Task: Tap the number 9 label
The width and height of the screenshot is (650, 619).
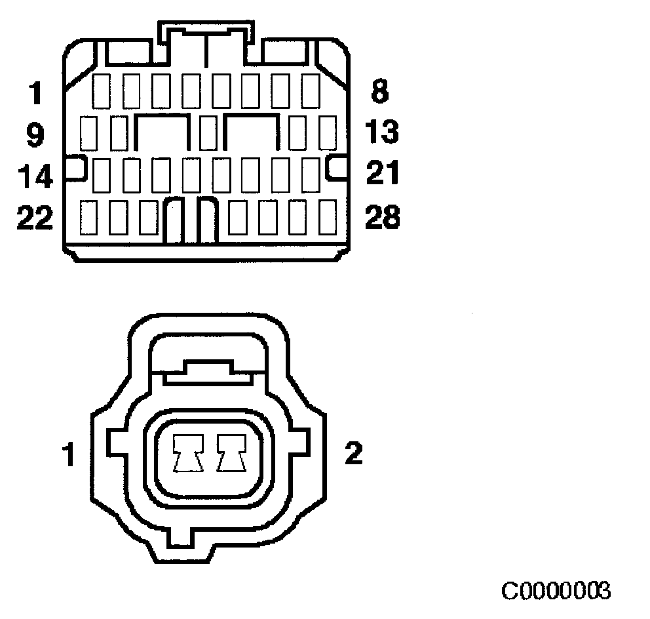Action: [x=35, y=134]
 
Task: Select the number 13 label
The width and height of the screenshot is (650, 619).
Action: [x=382, y=132]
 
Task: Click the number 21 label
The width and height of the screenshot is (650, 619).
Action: [x=381, y=174]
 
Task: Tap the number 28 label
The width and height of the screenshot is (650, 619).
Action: [x=382, y=217]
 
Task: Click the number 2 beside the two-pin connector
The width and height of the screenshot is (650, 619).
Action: [x=353, y=454]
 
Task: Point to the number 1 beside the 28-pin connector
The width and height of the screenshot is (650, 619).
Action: [x=35, y=92]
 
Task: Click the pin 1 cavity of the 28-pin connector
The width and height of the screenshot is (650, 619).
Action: [x=100, y=91]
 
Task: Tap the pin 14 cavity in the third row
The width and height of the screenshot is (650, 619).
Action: [x=100, y=174]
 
